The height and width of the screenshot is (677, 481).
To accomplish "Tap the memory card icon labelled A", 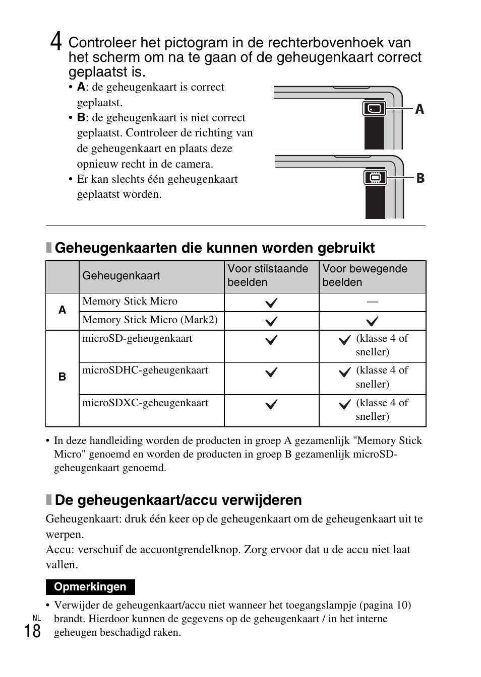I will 374,109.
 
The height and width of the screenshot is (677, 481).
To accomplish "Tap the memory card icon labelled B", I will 375,178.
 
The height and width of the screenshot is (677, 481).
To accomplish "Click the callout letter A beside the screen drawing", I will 419,110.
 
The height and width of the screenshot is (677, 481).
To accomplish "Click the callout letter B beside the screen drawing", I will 419,178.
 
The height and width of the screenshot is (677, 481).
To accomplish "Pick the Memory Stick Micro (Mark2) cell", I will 150,320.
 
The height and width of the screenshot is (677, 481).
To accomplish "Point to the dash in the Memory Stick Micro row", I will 372,302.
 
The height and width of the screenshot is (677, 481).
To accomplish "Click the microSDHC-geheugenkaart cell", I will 146,370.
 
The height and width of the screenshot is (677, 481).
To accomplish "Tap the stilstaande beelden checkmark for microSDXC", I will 271,404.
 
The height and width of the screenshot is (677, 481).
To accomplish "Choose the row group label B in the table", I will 62,377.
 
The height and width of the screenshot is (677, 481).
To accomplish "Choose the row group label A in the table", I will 62,310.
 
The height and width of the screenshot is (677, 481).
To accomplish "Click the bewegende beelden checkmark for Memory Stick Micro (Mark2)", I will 372,321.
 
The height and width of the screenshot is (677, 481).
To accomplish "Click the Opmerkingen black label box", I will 90,587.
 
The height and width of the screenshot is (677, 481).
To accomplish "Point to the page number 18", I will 32,631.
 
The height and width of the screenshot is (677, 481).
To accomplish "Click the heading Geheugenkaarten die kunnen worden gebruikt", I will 215,248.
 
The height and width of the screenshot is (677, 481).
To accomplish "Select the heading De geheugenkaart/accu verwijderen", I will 178,500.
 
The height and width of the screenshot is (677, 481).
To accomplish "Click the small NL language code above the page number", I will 36,618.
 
